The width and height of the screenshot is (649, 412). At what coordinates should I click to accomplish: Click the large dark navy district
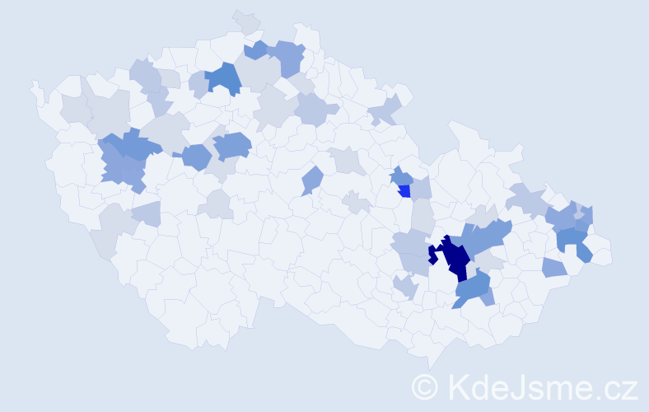tap(455, 258)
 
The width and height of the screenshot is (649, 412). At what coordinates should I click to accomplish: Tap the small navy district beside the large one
tap(432, 256)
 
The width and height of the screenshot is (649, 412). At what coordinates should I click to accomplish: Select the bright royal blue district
tap(404, 191)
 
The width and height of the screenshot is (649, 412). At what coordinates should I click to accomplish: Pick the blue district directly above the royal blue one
tap(401, 176)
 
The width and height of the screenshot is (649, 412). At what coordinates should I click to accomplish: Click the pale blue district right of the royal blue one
tap(421, 189)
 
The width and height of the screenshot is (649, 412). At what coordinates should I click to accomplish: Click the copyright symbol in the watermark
tap(426, 386)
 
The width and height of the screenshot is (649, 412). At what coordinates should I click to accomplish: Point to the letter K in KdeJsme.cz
tap(459, 386)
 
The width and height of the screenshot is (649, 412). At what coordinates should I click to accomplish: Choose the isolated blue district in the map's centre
tap(311, 180)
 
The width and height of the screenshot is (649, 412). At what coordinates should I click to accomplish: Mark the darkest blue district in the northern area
tap(222, 77)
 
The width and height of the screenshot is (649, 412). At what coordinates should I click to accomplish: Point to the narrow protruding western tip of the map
tap(35, 86)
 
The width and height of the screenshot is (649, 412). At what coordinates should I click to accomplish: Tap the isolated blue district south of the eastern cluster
tap(553, 267)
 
